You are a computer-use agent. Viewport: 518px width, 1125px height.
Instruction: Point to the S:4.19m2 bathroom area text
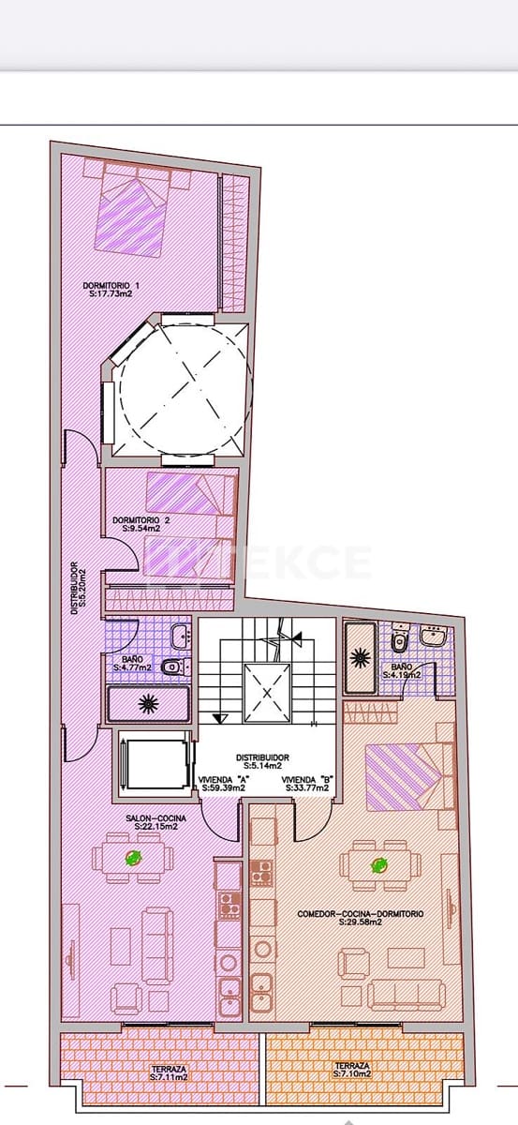[402, 674]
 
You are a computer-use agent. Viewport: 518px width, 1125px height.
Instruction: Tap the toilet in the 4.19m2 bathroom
[398, 642]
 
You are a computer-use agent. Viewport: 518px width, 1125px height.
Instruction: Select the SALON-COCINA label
[155, 819]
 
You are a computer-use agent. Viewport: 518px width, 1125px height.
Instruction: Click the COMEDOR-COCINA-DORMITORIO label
[360, 914]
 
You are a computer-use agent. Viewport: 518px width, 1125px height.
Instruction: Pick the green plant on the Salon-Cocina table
[134, 857]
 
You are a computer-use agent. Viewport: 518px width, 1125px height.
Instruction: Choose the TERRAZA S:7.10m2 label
[351, 1071]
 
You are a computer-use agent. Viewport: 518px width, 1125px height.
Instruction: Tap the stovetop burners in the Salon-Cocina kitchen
[229, 904]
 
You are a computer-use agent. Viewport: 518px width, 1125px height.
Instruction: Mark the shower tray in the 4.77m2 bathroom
[149, 702]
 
